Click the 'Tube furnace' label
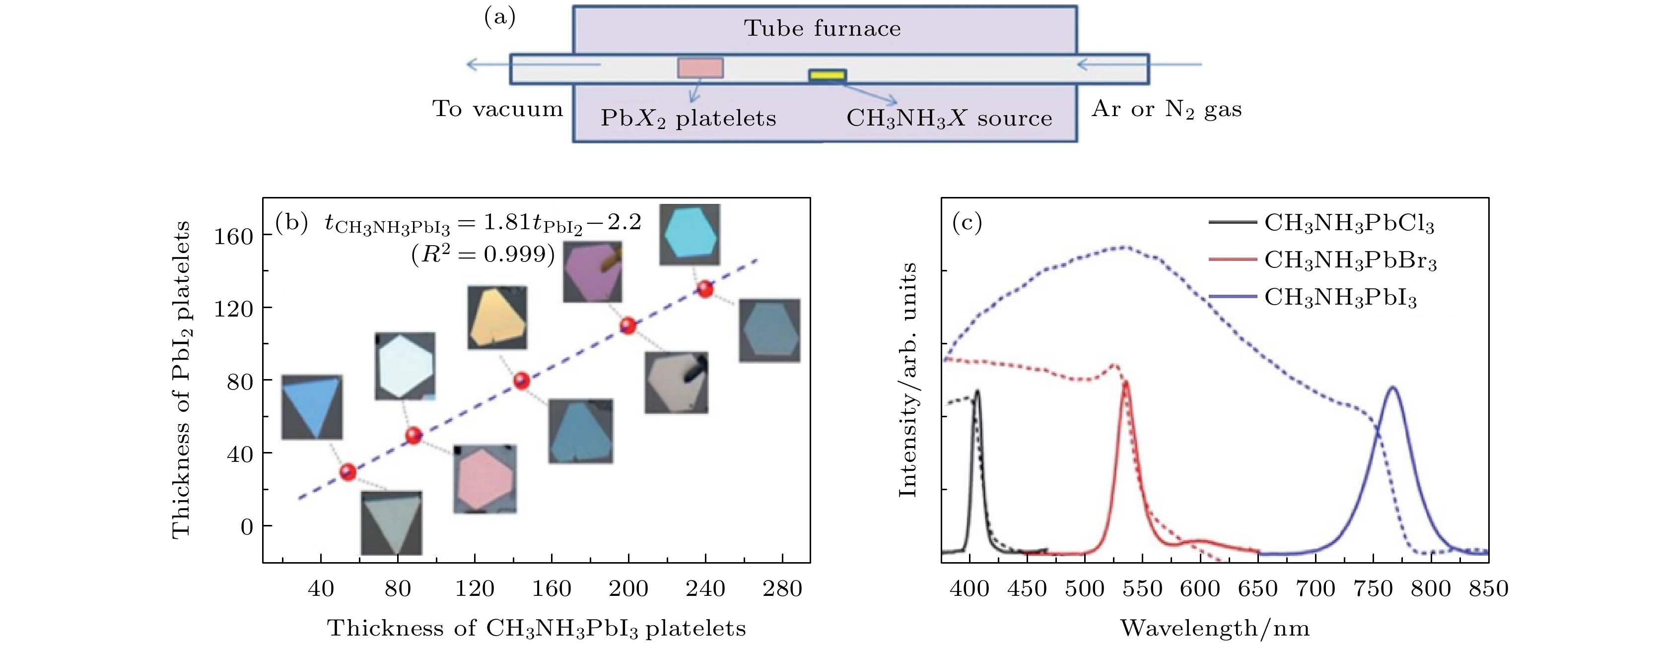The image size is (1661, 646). (822, 28)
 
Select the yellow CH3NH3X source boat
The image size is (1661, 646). (828, 75)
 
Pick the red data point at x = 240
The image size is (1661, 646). (705, 289)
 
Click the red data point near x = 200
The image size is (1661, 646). (628, 325)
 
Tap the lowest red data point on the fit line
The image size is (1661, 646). (348, 472)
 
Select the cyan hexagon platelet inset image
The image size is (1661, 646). (690, 235)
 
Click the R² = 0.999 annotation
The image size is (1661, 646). (483, 255)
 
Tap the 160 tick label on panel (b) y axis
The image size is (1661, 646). (233, 237)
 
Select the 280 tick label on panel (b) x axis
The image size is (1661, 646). (782, 588)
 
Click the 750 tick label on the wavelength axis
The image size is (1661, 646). (1374, 588)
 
